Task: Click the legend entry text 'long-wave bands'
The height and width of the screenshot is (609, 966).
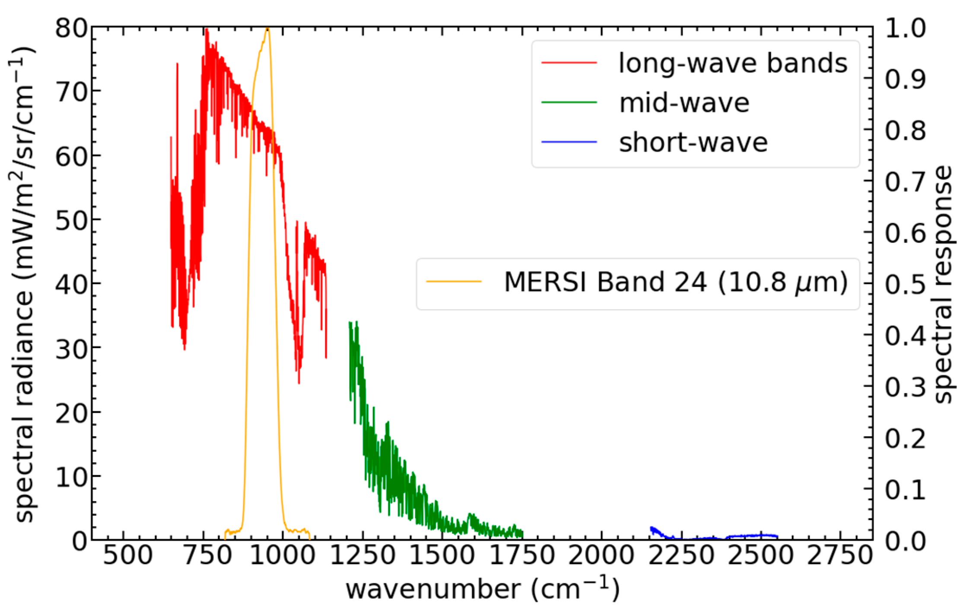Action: pyautogui.click(x=733, y=63)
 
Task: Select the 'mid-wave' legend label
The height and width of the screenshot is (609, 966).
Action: pyautogui.click(x=684, y=103)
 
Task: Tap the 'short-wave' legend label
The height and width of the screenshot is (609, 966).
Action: pyautogui.click(x=693, y=143)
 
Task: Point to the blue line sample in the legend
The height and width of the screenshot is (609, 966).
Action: pyautogui.click(x=569, y=142)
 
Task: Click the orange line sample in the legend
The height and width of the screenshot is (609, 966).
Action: pyautogui.click(x=454, y=282)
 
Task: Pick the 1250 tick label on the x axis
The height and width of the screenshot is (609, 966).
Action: pyautogui.click(x=362, y=555)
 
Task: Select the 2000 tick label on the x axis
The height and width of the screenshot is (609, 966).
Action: pyautogui.click(x=601, y=555)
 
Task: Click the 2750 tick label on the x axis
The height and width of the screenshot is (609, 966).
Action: pyautogui.click(x=839, y=555)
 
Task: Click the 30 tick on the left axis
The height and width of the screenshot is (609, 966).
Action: pyautogui.click(x=71, y=348)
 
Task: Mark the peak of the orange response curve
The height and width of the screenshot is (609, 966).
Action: pyautogui.click(x=268, y=29)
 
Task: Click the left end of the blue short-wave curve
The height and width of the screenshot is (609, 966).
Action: pyautogui.click(x=651, y=528)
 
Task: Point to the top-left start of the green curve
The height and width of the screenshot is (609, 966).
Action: pyautogui.click(x=350, y=323)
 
